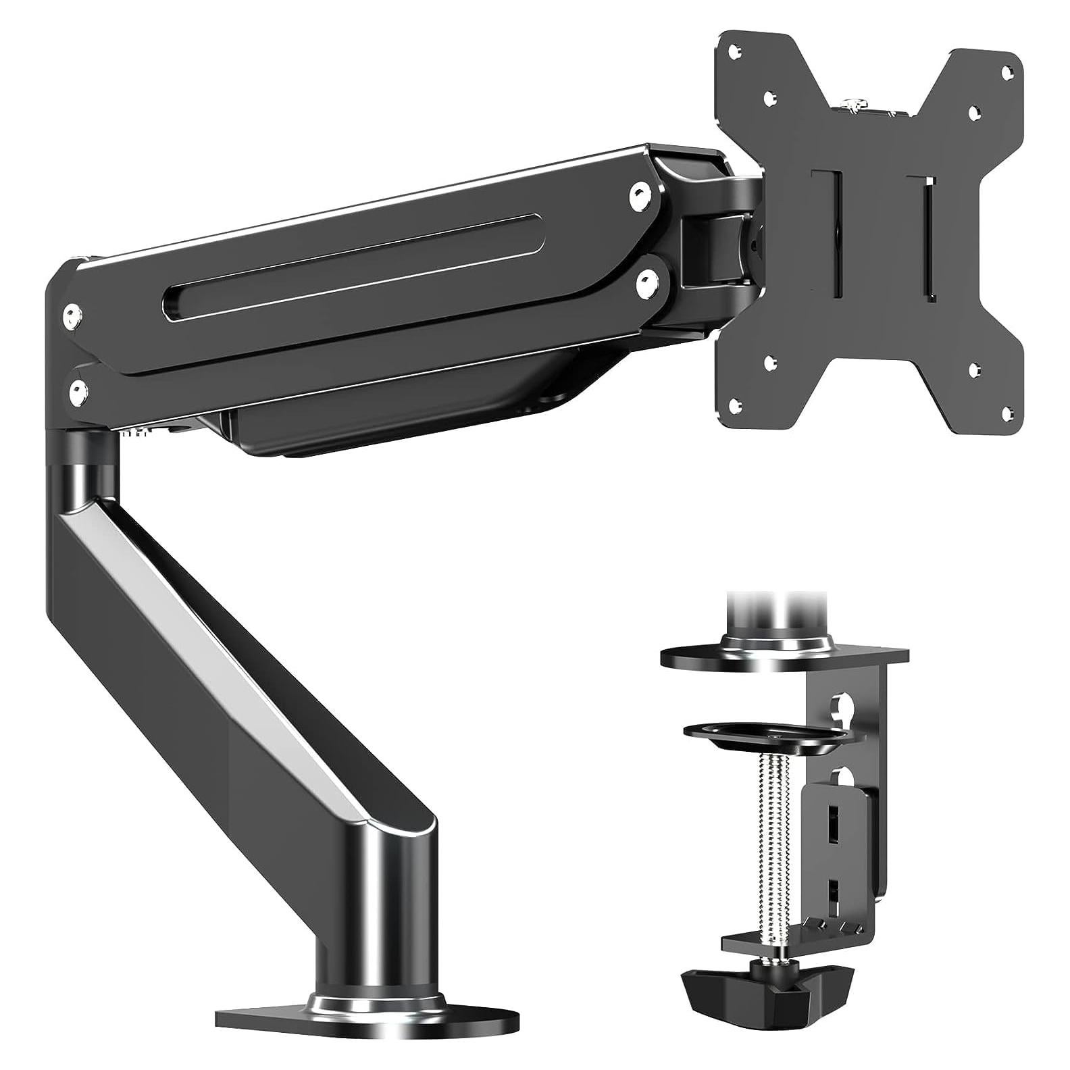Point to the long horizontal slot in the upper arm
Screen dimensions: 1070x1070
coord(351,265)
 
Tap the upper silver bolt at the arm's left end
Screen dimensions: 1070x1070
coord(72,313)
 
